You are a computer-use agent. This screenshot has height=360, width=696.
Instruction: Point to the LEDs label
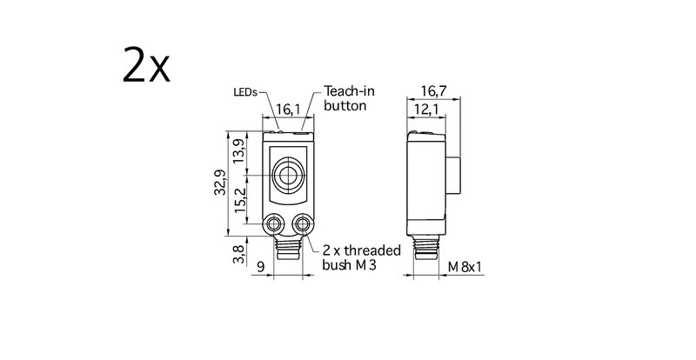pyautogui.click(x=245, y=92)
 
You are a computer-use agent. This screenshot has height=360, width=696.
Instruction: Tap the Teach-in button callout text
pyautogui.click(x=349, y=98)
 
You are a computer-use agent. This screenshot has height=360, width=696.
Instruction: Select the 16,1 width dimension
pyautogui.click(x=288, y=110)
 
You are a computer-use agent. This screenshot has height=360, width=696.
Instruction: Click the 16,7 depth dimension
pyautogui.click(x=433, y=91)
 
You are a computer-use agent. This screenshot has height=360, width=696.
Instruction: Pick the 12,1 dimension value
pyautogui.click(x=426, y=110)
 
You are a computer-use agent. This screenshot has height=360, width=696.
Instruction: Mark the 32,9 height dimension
pyautogui.click(x=220, y=183)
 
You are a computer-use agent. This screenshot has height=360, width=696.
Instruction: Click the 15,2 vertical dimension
pyautogui.click(x=240, y=200)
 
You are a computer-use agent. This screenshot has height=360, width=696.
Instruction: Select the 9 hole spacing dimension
pyautogui.click(x=260, y=267)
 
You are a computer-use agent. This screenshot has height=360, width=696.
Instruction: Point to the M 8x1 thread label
pyautogui.click(x=465, y=267)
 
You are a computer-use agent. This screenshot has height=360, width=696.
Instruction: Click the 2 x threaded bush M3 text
pyautogui.click(x=361, y=257)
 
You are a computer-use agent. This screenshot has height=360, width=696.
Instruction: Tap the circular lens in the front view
pyautogui.click(x=288, y=176)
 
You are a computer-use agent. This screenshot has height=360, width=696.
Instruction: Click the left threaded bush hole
pyautogui.click(x=273, y=223)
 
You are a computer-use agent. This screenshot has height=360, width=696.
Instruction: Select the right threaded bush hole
pyautogui.click(x=303, y=223)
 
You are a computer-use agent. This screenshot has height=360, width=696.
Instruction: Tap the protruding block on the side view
pyautogui.click(x=452, y=175)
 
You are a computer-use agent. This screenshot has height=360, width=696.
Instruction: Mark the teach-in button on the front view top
pyautogui.click(x=301, y=131)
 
